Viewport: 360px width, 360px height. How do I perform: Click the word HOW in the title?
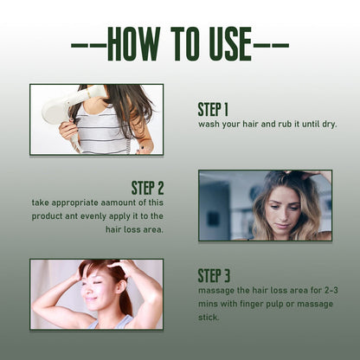point(134,44)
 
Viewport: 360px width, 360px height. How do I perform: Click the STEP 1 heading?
point(213,110)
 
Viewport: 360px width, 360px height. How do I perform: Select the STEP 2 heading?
point(147,188)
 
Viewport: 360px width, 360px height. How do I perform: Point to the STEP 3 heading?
point(214,275)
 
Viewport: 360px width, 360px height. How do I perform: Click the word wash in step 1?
point(209,125)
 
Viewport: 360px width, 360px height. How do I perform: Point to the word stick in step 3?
point(209,318)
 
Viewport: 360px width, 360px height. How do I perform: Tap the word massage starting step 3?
point(216,291)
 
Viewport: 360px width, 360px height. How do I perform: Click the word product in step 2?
point(47,216)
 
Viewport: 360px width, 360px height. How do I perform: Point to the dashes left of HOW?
point(89,46)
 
